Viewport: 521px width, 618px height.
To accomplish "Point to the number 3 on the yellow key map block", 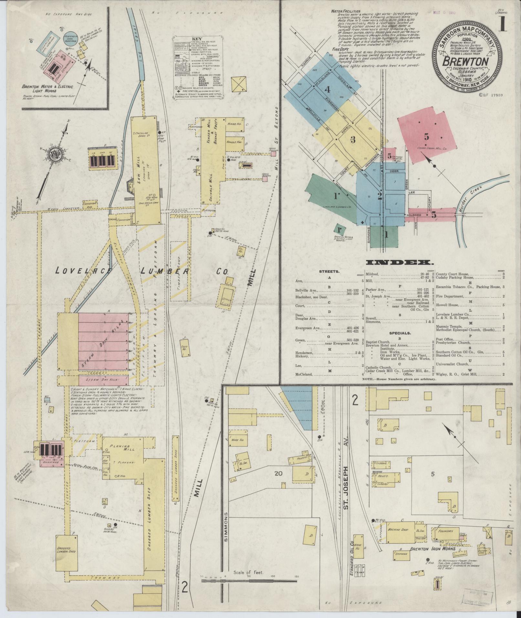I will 353,140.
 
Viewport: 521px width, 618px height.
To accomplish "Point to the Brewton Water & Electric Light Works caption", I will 47,89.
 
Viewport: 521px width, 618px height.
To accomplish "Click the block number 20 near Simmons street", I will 278,474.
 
